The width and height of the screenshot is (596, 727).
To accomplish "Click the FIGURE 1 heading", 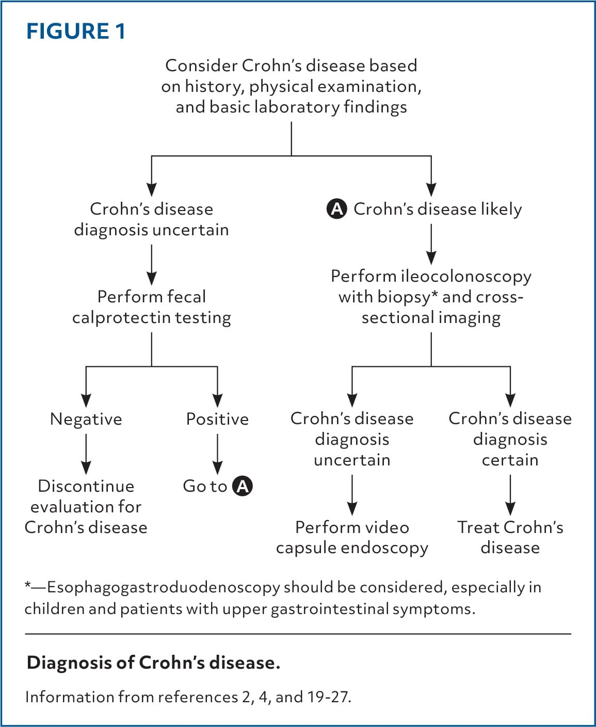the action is click(x=76, y=31).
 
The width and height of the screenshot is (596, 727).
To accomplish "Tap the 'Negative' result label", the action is click(x=86, y=419).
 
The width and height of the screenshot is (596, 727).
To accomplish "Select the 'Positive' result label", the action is click(x=217, y=419).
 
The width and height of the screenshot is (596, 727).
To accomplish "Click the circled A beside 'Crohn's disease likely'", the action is click(x=336, y=209).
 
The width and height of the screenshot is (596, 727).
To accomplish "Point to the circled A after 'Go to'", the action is click(x=243, y=486).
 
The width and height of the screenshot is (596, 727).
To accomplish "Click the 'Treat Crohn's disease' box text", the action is click(x=510, y=538).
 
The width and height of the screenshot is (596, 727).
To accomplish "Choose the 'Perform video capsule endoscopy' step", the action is click(x=352, y=538).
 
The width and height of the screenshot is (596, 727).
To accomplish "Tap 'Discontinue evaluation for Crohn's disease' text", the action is click(x=86, y=507).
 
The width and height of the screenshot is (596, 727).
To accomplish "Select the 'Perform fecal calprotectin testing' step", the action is click(x=152, y=307).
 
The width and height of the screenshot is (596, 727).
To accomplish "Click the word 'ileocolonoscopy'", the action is click(x=465, y=277).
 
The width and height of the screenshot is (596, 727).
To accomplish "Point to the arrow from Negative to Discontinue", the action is click(x=86, y=454).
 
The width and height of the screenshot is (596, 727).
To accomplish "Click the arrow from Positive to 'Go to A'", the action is click(x=217, y=454).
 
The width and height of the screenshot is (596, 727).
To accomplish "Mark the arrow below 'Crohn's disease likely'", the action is click(x=431, y=244).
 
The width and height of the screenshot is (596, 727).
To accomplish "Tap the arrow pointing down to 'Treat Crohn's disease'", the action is click(x=510, y=495).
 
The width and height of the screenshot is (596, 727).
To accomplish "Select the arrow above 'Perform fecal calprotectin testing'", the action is click(x=152, y=265).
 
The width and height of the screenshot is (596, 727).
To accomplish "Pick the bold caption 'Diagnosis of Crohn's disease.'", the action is click(x=153, y=663).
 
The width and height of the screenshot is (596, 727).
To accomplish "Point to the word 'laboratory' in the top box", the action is click(x=297, y=107).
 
